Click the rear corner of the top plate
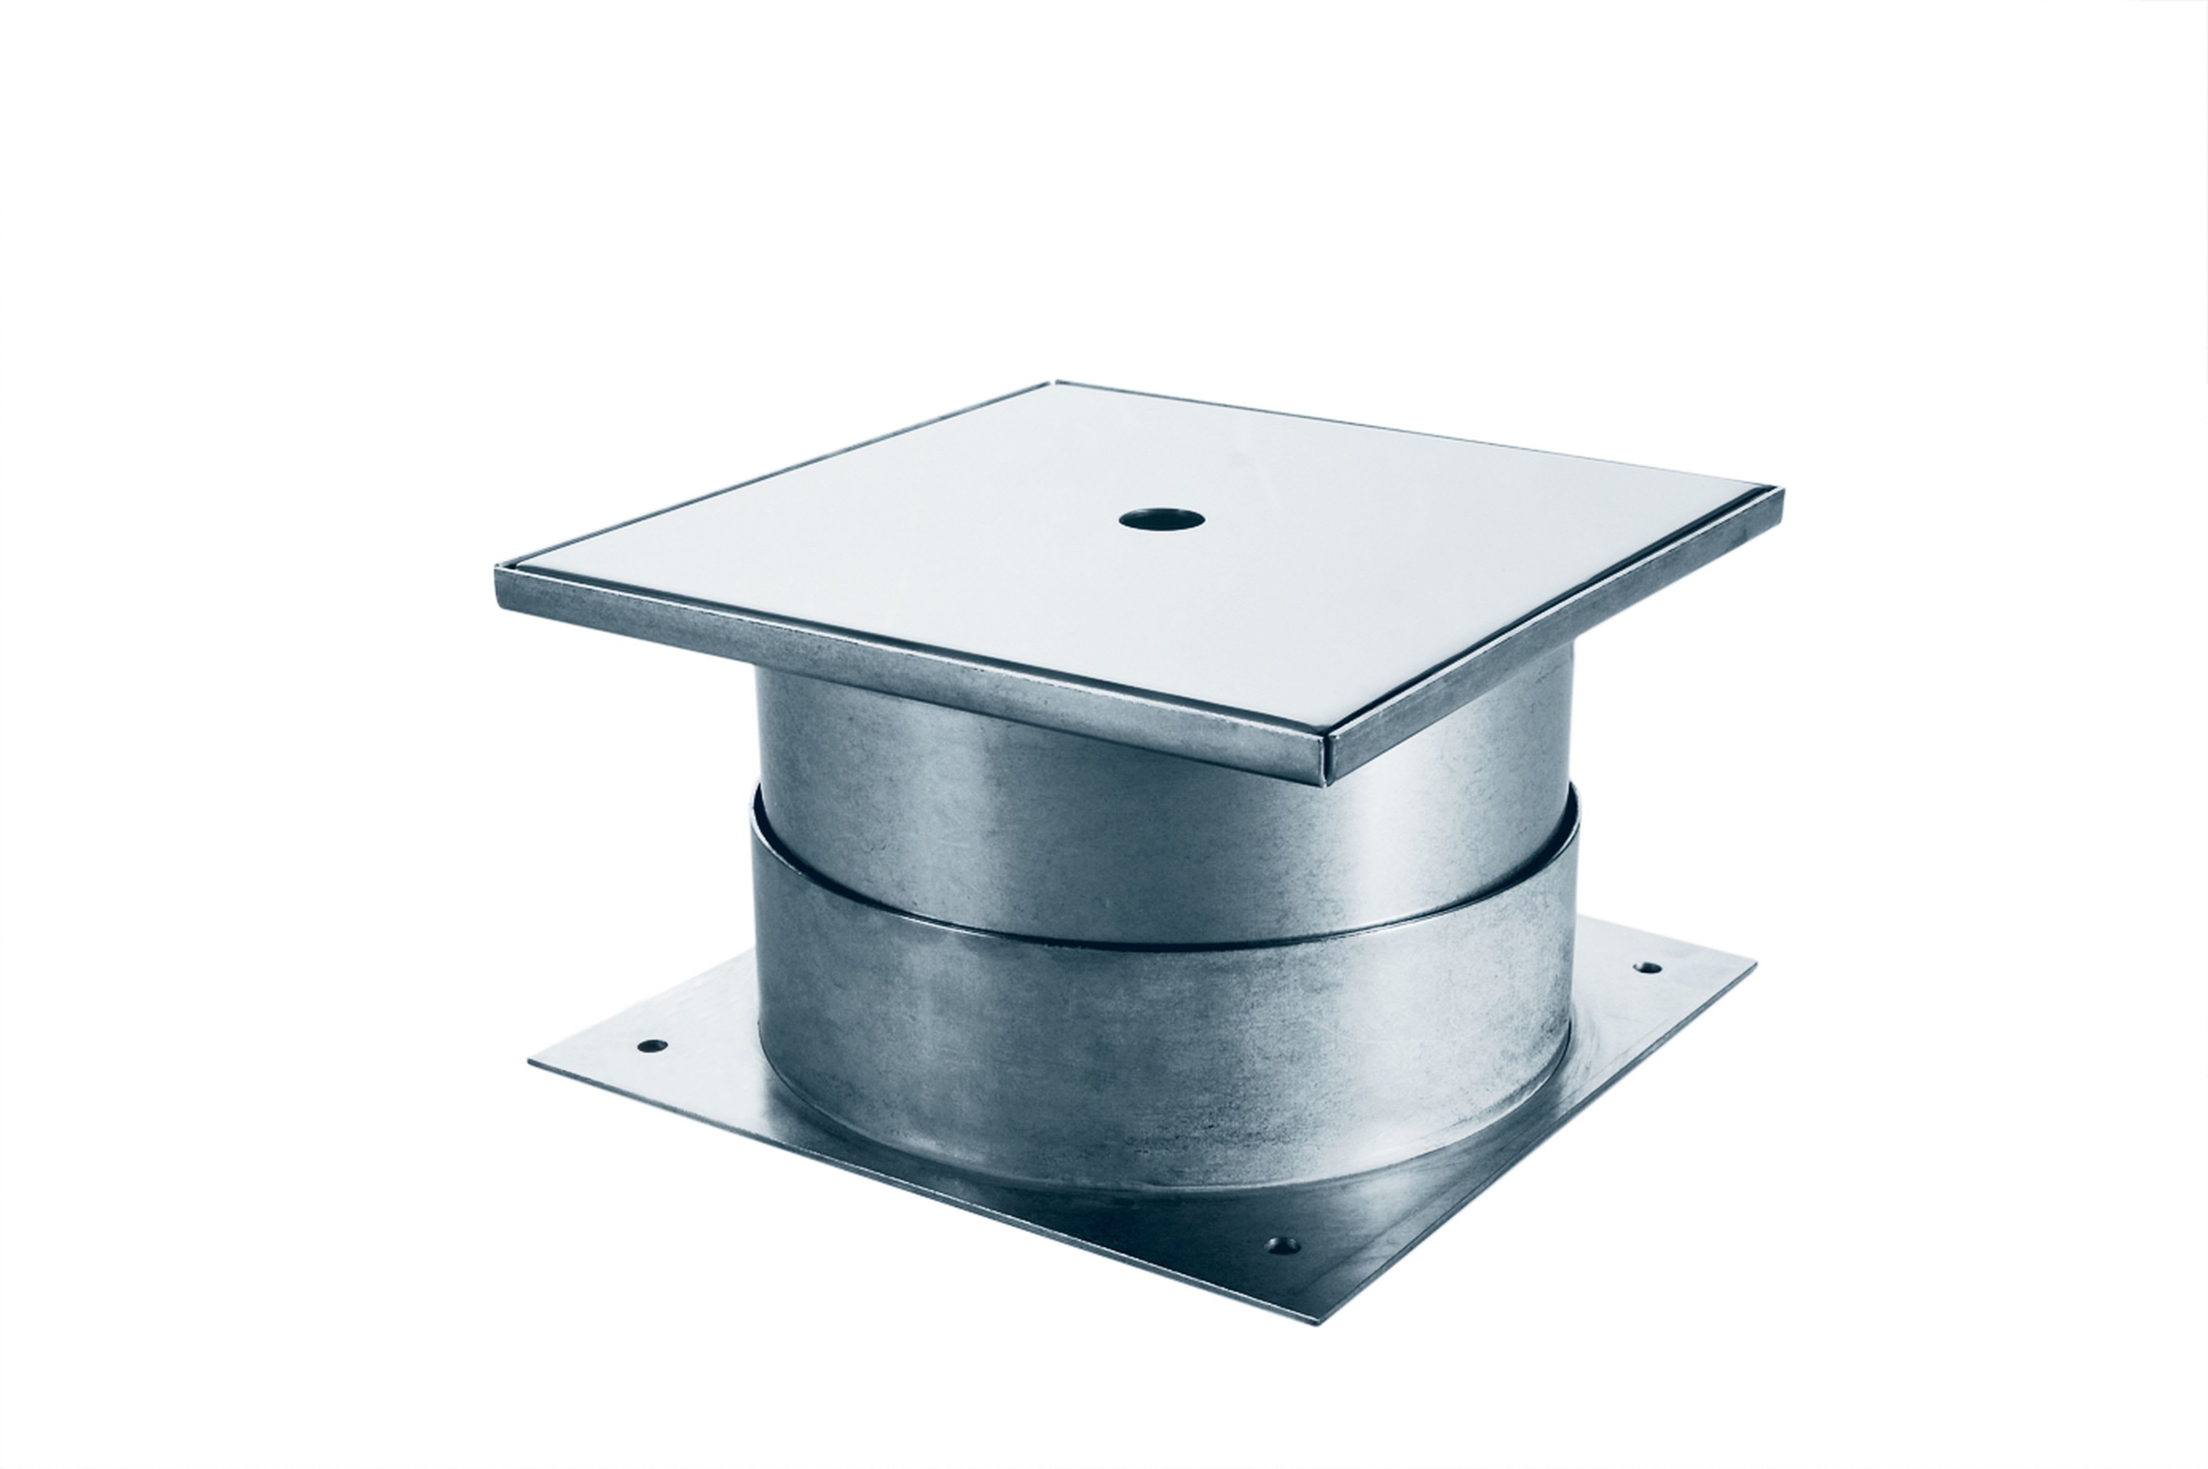tap(1053, 383)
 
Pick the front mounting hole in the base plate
tap(1280, 1246)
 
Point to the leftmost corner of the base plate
tap(530, 1060)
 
